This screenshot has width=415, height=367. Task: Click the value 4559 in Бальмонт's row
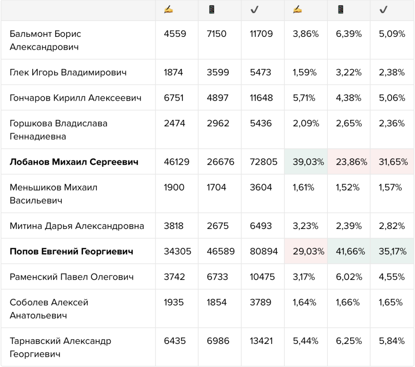coord(175,34)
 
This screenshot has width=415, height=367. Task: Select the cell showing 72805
coord(263,162)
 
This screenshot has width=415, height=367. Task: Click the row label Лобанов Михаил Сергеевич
coord(74,162)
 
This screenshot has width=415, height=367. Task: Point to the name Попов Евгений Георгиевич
coord(71,251)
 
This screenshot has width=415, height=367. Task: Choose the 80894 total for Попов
coord(263,251)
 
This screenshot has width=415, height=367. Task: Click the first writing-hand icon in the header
coord(168,10)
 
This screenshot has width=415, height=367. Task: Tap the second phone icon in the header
coord(340,10)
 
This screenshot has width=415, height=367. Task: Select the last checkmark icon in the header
coord(383,10)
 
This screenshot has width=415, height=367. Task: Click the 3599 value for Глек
coord(218,72)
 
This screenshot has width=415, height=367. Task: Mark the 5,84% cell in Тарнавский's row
coord(392,341)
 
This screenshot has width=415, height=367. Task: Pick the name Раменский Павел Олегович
coord(71,277)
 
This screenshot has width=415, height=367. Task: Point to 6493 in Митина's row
coord(261,226)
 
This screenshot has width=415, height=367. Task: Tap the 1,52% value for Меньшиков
coord(347,187)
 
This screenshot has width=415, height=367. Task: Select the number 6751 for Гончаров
coord(173,98)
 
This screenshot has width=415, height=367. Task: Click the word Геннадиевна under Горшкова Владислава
coord(38,136)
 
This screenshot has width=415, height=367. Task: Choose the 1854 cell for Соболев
coord(216,302)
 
